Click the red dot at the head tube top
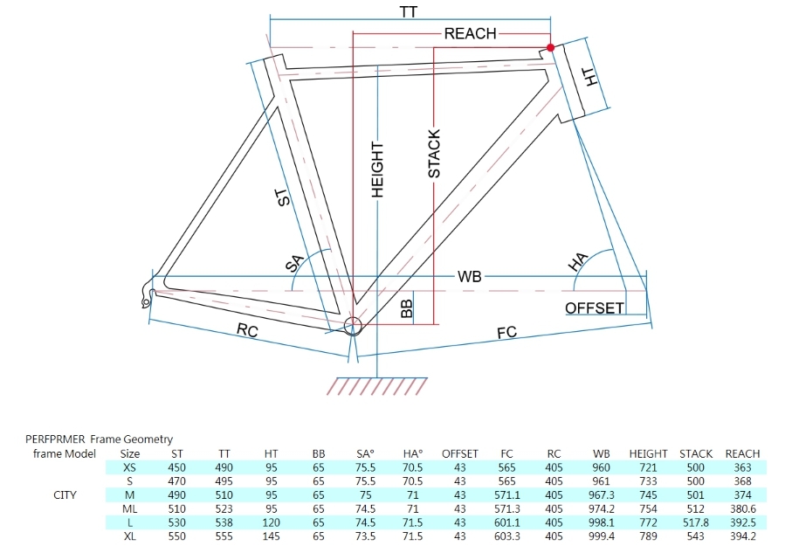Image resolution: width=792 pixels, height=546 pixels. coord(551,47)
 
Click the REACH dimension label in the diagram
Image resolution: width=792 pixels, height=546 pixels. coord(471,34)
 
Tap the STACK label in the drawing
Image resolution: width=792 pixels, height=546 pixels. coord(434,154)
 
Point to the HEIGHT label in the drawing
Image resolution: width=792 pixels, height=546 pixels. coord(377,169)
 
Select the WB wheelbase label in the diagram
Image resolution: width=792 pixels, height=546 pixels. coord(469,277)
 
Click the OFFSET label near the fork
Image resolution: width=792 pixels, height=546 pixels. coord(595,308)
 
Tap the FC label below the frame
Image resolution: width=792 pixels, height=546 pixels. coord(506,332)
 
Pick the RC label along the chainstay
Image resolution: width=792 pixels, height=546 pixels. coord(247,330)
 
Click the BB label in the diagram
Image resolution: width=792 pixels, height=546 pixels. coord(407,308)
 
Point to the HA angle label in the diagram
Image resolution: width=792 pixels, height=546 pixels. coord(578,262)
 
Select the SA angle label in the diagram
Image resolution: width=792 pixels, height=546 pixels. coord(295,264)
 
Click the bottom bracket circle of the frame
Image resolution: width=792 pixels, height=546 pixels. coord(353,326)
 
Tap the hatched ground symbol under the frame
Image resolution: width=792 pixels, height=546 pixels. coord(377,386)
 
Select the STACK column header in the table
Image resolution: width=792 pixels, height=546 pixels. coord(696,453)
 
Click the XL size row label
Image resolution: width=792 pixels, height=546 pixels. coord(130,536)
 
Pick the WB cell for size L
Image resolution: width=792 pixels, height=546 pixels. coord(601,522)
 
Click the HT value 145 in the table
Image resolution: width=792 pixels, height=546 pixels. coord(272,536)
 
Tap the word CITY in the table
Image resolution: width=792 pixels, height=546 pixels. coord(65,495)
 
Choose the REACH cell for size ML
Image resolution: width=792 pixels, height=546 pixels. coord(742,508)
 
